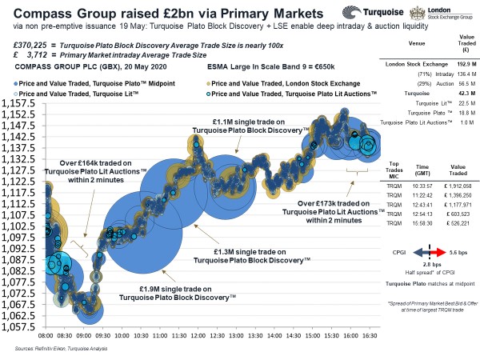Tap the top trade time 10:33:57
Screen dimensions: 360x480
[x=423, y=183]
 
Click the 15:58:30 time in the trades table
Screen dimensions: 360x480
[x=423, y=225]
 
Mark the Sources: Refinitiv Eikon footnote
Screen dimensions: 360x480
[x=61, y=350]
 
